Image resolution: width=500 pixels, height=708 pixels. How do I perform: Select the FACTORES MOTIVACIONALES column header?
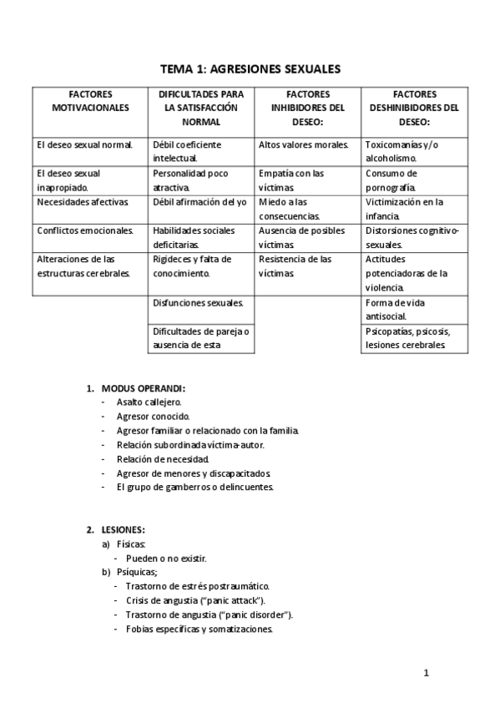91,101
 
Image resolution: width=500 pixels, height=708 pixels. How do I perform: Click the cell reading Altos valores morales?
304,144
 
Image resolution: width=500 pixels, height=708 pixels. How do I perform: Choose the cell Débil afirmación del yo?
199,202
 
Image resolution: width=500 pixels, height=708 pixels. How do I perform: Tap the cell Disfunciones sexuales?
198,302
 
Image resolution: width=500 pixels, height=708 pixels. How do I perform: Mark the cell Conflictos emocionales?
85,230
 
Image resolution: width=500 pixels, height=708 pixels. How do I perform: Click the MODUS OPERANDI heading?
143,388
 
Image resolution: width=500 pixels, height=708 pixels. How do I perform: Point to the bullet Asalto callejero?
149,402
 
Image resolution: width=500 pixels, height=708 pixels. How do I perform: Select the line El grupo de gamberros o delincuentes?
194,487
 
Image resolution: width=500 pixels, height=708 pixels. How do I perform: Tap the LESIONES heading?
124,529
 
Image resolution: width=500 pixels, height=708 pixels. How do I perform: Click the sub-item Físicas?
131,544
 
